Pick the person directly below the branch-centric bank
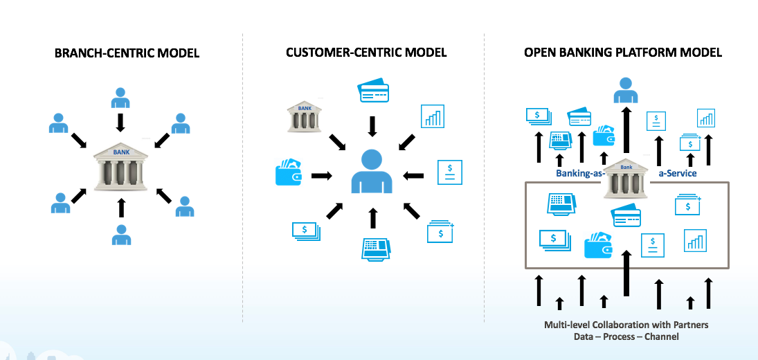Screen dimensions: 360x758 121,234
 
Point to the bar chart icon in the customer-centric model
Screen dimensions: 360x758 433,116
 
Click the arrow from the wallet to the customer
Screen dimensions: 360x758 321,176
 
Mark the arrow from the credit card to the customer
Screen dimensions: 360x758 372,126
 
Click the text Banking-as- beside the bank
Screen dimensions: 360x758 579,173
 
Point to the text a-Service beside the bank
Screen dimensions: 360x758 677,173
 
